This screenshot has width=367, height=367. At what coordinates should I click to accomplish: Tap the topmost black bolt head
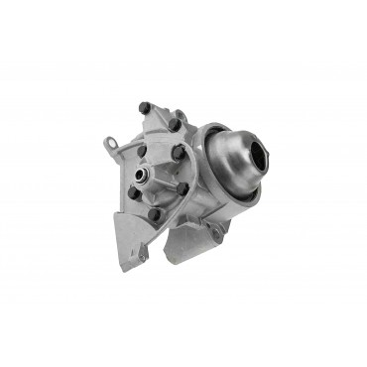[145, 104]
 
